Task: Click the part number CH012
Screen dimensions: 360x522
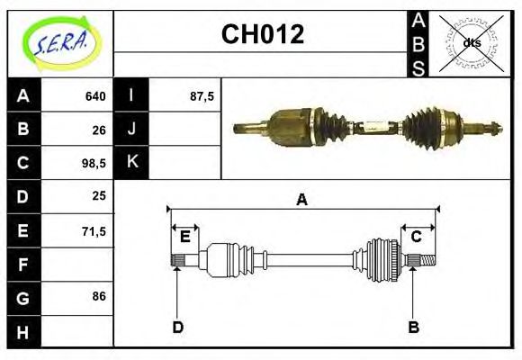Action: click(262, 34)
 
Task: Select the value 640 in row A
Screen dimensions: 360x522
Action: click(95, 96)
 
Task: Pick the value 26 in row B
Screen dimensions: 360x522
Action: click(99, 130)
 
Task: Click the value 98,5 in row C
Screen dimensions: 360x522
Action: click(94, 164)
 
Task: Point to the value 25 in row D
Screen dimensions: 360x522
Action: click(99, 195)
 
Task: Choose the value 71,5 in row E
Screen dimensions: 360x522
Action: click(94, 231)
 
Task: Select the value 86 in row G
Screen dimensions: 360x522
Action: click(99, 295)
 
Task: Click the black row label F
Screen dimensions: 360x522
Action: click(23, 265)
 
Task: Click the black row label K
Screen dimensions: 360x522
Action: click(132, 162)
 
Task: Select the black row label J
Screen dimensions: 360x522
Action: click(132, 129)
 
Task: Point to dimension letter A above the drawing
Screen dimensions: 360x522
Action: click(302, 200)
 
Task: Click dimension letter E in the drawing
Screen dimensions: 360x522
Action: click(184, 237)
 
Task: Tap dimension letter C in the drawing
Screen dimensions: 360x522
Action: click(417, 237)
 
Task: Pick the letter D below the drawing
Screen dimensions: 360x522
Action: click(177, 327)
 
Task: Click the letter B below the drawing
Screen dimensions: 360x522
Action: click(413, 327)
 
